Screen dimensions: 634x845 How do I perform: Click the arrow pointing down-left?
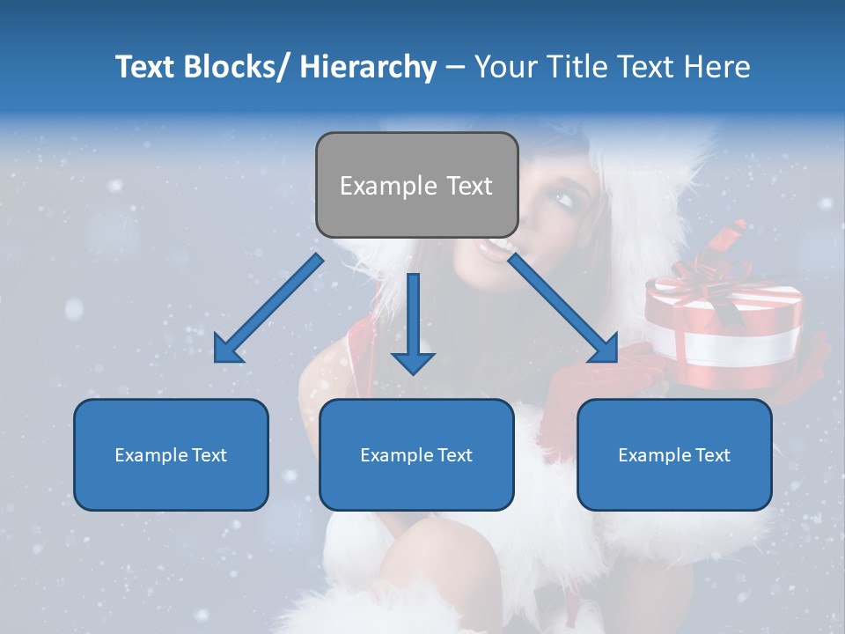[268, 309]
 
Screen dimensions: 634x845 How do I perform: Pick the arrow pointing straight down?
[413, 325]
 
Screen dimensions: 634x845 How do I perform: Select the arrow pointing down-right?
[563, 309]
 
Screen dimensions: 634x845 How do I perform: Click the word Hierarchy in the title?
[368, 67]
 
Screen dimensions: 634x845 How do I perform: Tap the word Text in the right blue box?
[712, 455]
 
